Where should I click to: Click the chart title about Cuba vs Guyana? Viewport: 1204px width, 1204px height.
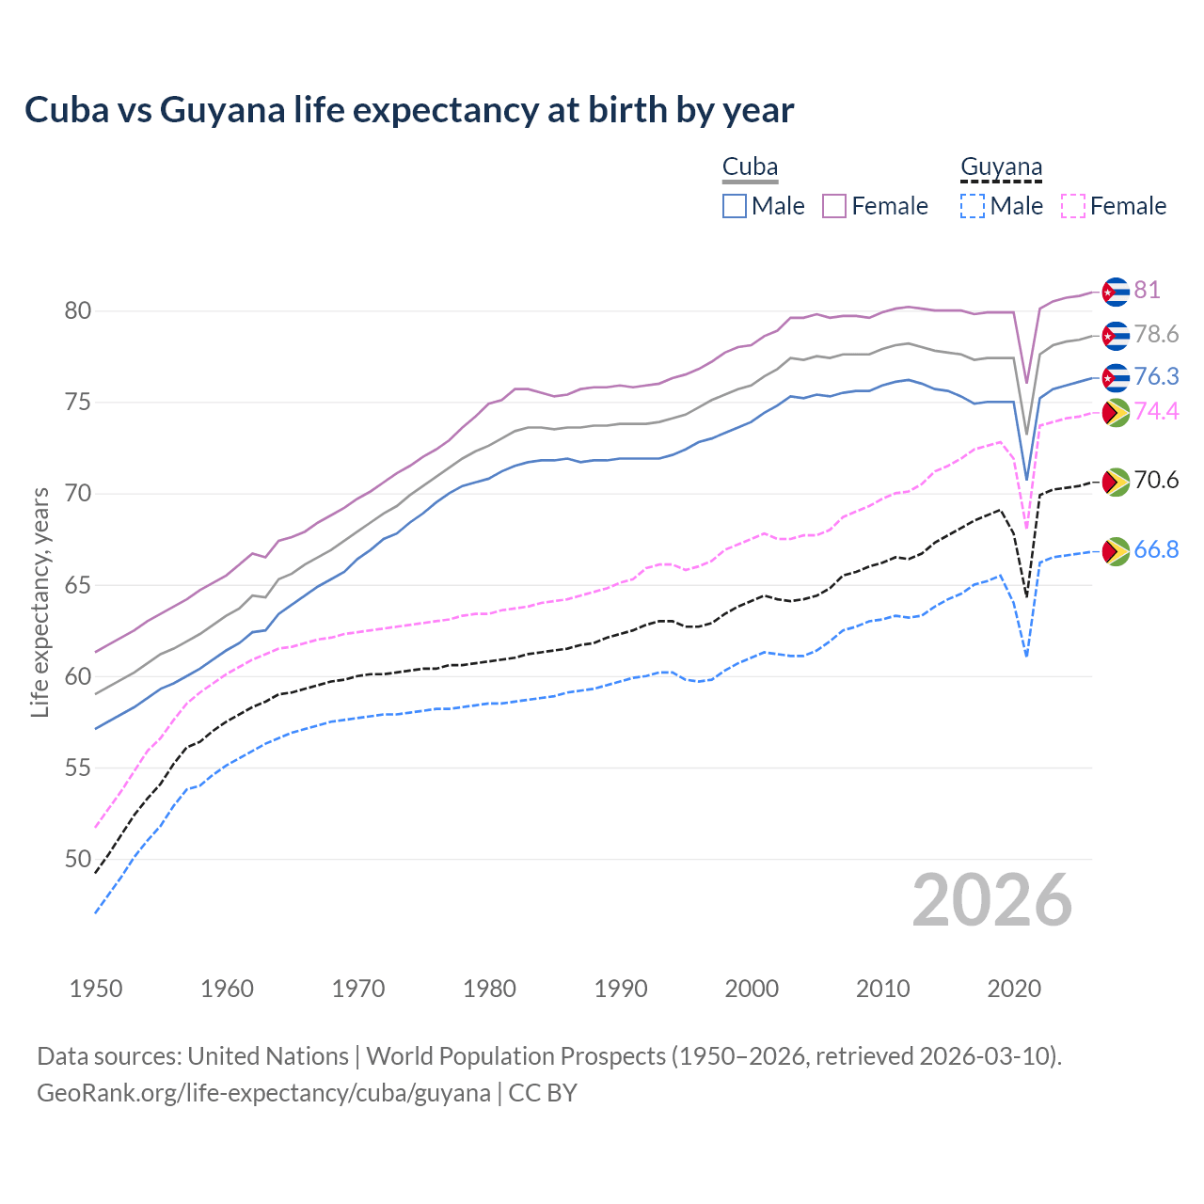pos(409,110)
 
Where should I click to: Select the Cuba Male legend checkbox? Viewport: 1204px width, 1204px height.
pos(735,206)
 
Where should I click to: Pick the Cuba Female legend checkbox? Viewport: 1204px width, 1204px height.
pos(834,206)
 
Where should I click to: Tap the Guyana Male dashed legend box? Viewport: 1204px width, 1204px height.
pos(973,206)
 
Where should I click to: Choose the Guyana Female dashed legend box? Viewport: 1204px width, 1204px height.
pos(1073,206)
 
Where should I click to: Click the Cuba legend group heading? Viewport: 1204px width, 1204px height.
pos(750,167)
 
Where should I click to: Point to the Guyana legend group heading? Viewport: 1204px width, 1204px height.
pos(1001,167)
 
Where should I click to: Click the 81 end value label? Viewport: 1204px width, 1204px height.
pos(1147,290)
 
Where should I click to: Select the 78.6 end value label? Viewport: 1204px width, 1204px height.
pos(1156,334)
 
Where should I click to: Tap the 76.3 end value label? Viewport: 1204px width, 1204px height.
pos(1156,376)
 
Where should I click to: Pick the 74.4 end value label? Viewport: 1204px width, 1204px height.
pos(1156,411)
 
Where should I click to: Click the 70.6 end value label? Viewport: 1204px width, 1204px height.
pos(1156,480)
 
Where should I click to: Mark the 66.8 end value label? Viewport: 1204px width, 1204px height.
pos(1156,549)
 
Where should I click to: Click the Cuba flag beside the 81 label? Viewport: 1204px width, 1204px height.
pos(1115,292)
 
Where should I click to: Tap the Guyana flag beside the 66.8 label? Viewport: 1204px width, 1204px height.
pos(1115,551)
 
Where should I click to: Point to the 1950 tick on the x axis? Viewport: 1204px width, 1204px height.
pos(96,989)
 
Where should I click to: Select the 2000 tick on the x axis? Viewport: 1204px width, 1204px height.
pos(752,989)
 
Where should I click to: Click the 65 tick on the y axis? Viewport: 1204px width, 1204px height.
pos(78,585)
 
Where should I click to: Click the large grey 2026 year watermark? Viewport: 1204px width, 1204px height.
pos(991,900)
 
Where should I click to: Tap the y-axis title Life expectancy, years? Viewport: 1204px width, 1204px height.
pos(40,602)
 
